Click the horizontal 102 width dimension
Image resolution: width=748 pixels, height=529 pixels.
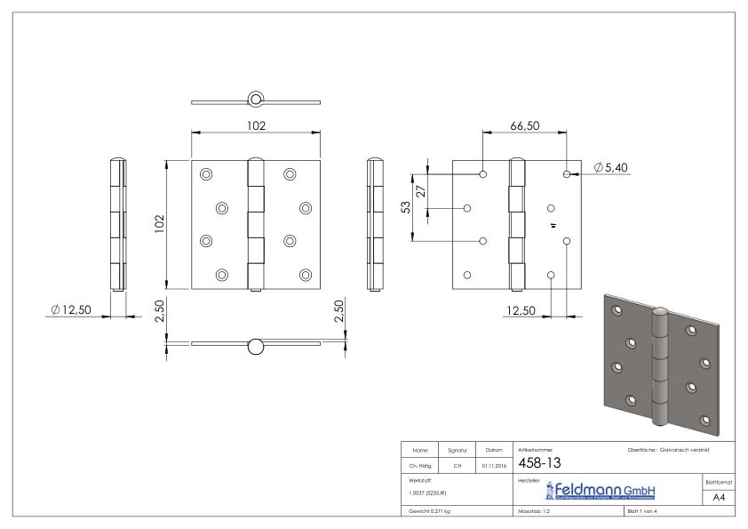pos(256,126)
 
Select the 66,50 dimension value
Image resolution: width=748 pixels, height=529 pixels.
pos(524,126)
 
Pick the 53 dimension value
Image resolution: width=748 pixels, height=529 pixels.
pos(405,206)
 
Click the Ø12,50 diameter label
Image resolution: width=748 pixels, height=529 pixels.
pos(71,309)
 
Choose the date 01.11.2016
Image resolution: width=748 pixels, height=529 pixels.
pos(493,464)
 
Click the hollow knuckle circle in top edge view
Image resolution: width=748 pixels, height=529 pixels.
pos(256,97)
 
